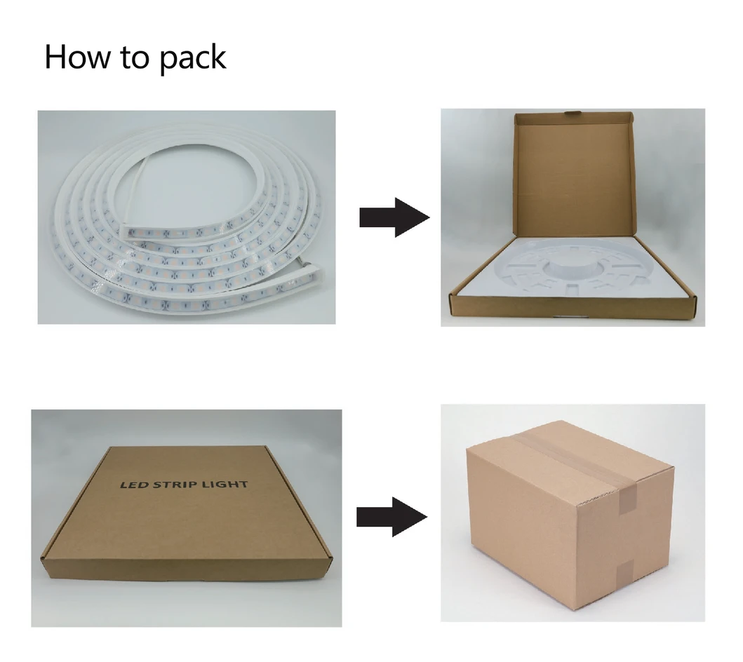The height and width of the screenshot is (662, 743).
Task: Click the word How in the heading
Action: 76,57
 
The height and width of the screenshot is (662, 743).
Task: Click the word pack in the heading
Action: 192,59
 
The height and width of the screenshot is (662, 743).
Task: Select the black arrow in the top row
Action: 394,217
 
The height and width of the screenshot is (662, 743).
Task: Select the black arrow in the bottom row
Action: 392,517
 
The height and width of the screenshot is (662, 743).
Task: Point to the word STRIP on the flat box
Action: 178,485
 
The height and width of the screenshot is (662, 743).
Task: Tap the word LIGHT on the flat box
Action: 225,485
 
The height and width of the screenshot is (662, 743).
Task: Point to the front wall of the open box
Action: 573,307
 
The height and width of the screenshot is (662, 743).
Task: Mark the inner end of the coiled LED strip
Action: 127,232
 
